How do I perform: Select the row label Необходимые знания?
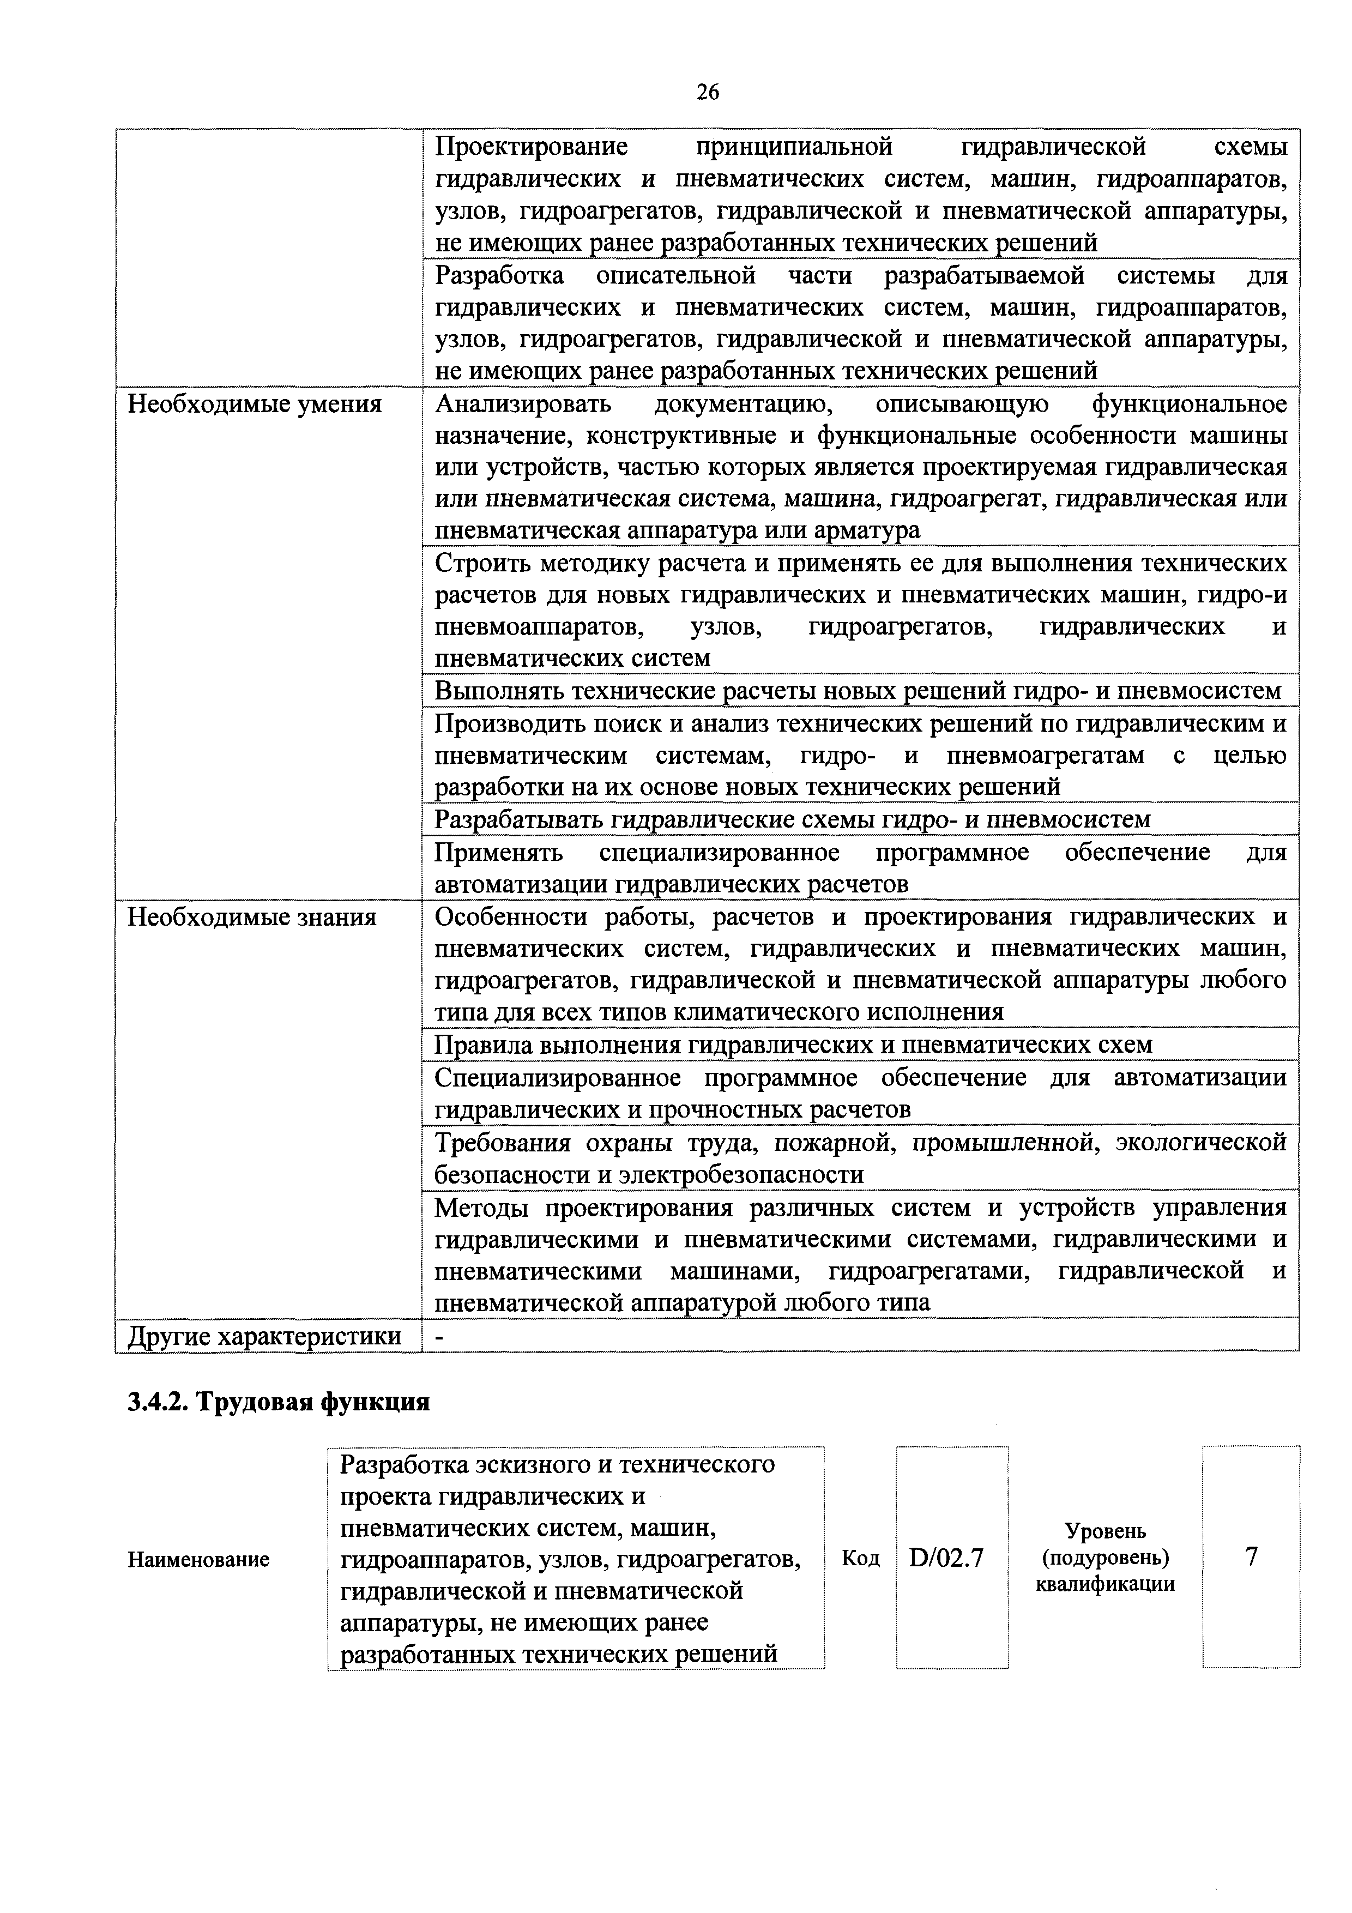click(x=251, y=918)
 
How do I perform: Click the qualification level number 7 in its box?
click(x=1251, y=1556)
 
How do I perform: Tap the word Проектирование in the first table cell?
click(x=532, y=148)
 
